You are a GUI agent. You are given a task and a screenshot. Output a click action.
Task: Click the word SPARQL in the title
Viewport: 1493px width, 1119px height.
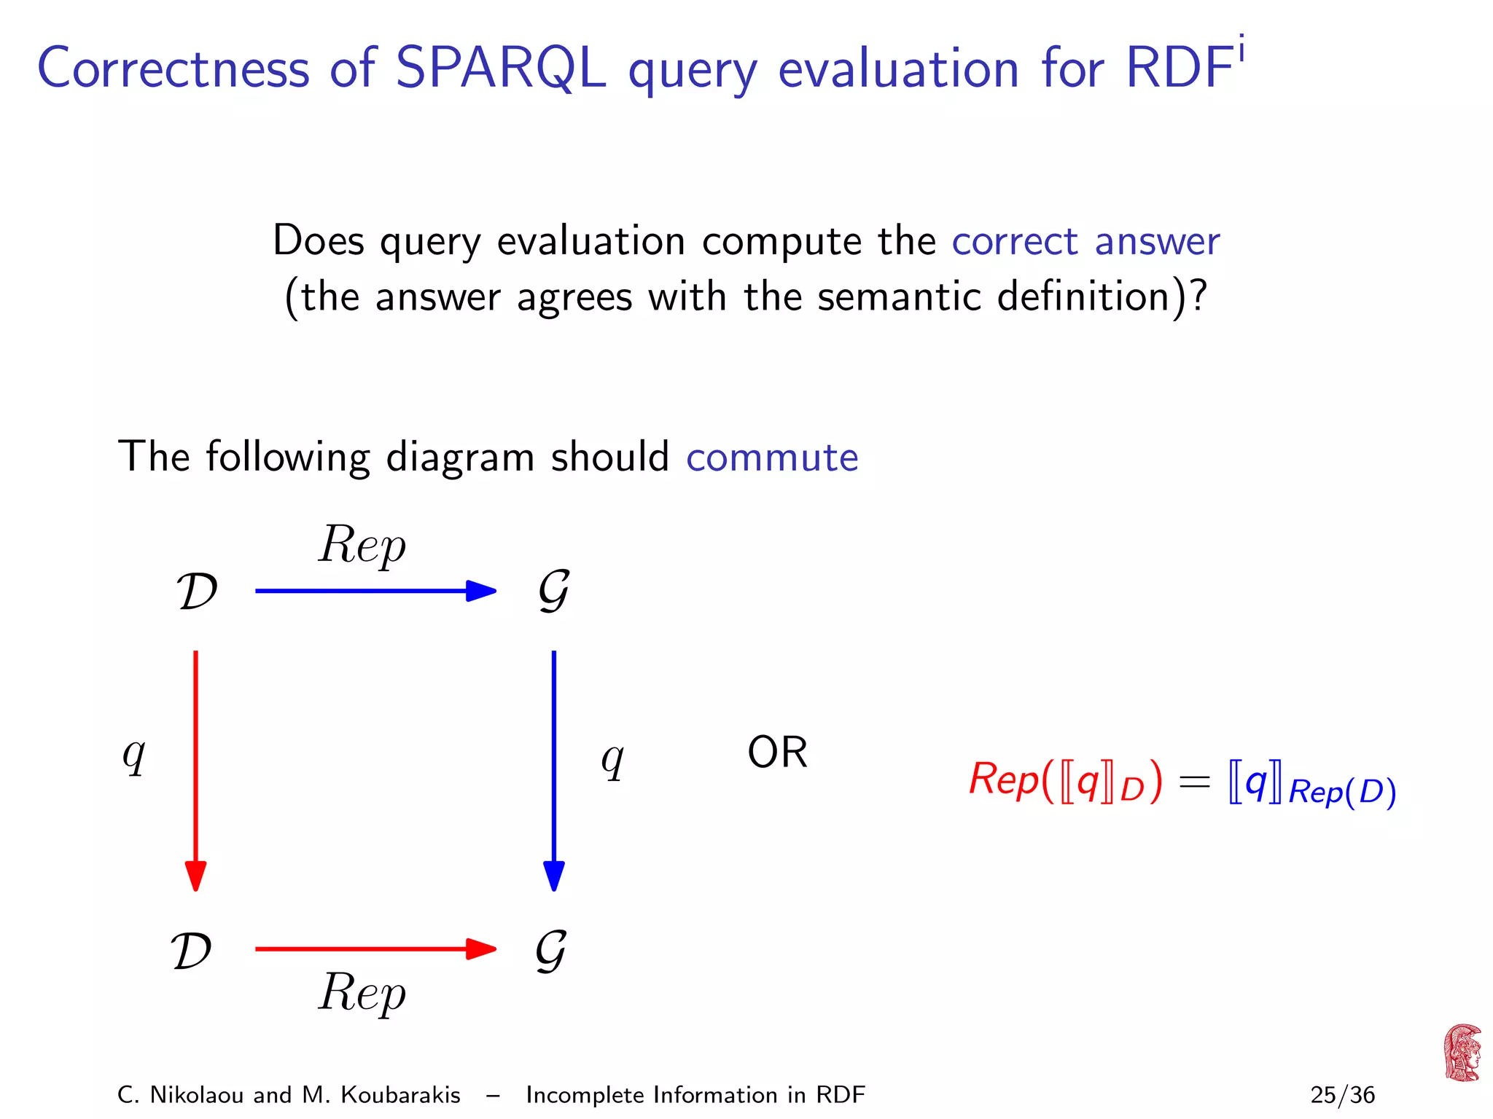pyautogui.click(x=500, y=68)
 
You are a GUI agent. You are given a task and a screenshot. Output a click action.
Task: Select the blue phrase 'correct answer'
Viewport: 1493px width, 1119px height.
pyautogui.click(x=1085, y=242)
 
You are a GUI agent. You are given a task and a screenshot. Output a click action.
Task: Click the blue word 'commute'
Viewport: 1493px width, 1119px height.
pyautogui.click(x=772, y=458)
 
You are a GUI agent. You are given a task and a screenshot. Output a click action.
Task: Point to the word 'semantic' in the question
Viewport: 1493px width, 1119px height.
pyautogui.click(x=899, y=297)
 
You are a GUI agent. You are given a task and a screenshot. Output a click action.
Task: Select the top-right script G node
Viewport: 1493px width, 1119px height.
pyautogui.click(x=554, y=590)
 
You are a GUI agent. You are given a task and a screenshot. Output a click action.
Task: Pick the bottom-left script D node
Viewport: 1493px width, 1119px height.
pyautogui.click(x=192, y=951)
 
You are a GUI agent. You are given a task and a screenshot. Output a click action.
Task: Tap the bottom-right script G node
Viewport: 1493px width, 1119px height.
pyautogui.click(x=551, y=950)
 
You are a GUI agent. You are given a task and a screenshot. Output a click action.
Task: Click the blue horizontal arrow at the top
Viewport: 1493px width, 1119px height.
pyautogui.click(x=375, y=591)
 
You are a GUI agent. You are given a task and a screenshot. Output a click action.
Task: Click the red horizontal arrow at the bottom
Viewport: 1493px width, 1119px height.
pyautogui.click(x=375, y=949)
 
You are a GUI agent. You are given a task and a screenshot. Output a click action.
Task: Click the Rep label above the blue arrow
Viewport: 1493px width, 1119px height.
pyautogui.click(x=362, y=545)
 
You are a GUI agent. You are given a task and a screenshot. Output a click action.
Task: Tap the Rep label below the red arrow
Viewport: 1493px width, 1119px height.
pyautogui.click(x=362, y=993)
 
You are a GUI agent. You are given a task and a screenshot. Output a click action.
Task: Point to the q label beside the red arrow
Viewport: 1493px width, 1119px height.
pyautogui.click(x=134, y=755)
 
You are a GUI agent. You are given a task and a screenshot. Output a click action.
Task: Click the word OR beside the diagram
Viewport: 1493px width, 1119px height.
pyautogui.click(x=777, y=753)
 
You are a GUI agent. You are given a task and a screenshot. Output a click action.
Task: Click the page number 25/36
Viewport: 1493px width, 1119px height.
pyautogui.click(x=1342, y=1095)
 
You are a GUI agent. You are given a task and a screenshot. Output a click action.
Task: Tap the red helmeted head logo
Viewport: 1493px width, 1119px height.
pyautogui.click(x=1462, y=1053)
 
